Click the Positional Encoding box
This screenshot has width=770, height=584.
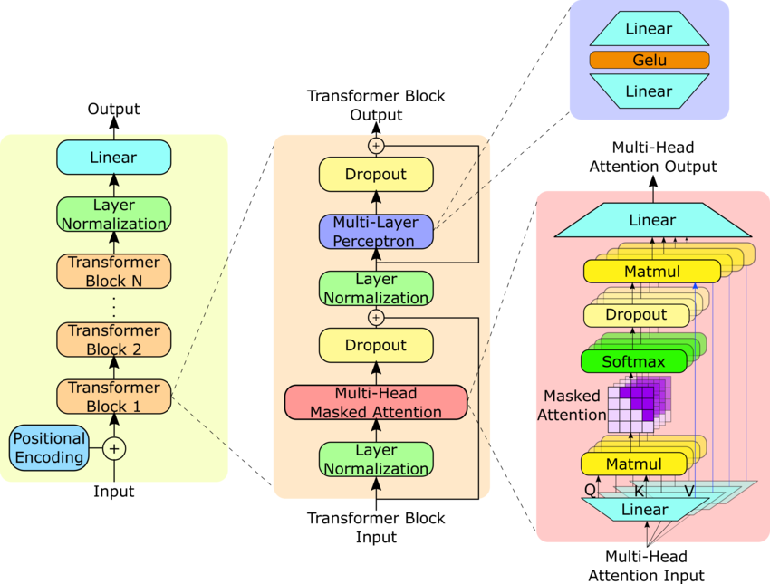tap(49, 448)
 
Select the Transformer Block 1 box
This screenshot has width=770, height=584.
tap(113, 397)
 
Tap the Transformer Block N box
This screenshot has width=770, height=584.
tap(113, 271)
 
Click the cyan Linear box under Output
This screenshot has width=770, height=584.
tap(113, 158)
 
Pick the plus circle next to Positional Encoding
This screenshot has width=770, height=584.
tap(114, 448)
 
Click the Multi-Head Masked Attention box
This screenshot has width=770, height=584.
tap(376, 402)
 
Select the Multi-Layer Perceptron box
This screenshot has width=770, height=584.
tap(376, 232)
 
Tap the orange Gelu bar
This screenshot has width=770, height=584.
tap(649, 61)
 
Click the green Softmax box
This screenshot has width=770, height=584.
tap(634, 362)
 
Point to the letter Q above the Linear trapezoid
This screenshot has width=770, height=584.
tap(590, 490)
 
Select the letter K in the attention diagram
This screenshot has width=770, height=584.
tap(639, 491)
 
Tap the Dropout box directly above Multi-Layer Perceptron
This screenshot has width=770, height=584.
tap(376, 175)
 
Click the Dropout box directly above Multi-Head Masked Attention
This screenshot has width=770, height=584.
tap(376, 346)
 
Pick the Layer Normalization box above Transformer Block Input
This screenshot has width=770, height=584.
tap(376, 459)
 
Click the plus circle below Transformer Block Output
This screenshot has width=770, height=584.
tap(376, 146)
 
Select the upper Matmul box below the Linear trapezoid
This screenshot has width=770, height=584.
tap(652, 272)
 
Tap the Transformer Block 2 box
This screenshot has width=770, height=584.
tap(113, 340)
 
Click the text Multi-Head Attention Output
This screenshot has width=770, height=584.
tap(652, 158)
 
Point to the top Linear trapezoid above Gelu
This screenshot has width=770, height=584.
tap(649, 29)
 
